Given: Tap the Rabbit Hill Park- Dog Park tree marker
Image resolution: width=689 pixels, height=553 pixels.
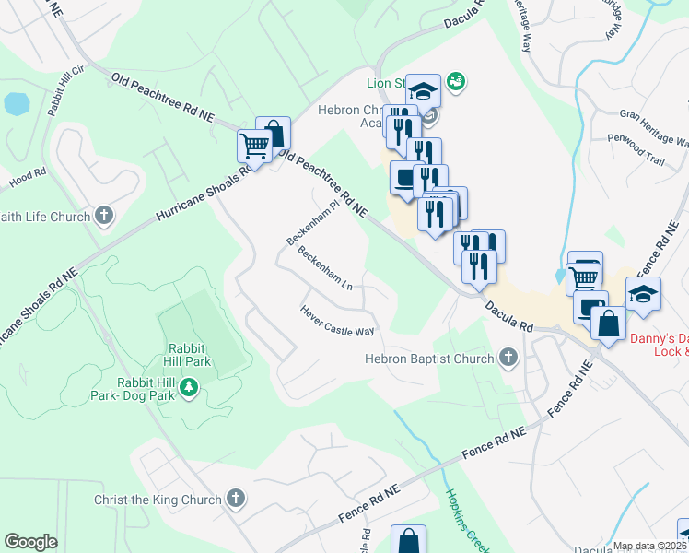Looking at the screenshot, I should coord(189,388).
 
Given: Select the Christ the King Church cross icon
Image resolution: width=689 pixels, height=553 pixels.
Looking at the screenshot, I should coord(236,500).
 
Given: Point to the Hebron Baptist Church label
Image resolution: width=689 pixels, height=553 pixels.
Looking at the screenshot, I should coord(429,359).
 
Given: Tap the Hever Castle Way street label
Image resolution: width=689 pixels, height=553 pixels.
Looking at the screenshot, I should coord(337,321).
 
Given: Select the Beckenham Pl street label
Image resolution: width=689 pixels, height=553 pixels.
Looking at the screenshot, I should coord(313,223).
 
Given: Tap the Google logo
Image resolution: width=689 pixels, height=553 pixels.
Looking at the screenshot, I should coord(30,542).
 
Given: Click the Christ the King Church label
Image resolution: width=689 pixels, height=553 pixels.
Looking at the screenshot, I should coord(158,500).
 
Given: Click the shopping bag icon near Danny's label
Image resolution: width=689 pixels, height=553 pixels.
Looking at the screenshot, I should coord(608,324).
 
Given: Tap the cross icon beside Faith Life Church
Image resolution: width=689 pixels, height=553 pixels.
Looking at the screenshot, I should coord(104,218).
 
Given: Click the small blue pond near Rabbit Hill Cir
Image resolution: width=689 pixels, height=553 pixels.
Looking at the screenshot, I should coord(17,104).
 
